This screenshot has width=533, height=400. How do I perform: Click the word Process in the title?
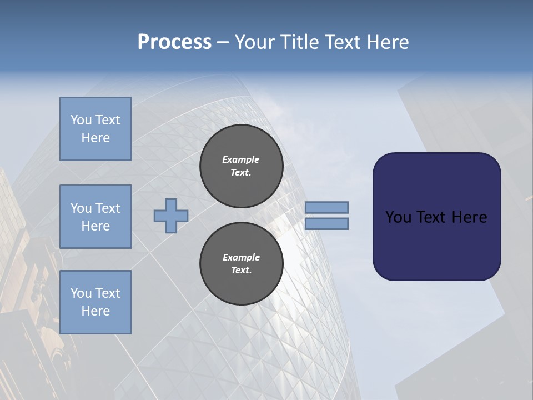(x=174, y=42)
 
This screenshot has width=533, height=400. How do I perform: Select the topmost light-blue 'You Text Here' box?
(x=95, y=129)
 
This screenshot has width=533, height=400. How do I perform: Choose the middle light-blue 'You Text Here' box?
(x=95, y=217)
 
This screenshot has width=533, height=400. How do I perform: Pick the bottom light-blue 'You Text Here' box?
(x=95, y=302)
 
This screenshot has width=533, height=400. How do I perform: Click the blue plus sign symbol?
(x=171, y=216)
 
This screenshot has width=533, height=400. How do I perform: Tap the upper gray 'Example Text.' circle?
(x=241, y=166)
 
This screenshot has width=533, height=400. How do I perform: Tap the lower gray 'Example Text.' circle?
(x=241, y=264)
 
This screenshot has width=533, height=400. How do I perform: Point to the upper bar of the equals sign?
(x=327, y=207)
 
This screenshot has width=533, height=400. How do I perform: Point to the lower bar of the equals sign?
(x=327, y=223)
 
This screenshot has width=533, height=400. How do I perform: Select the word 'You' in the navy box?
(x=398, y=217)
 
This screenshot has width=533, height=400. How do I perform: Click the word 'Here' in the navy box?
(x=469, y=217)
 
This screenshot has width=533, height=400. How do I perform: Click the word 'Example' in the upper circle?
(x=241, y=159)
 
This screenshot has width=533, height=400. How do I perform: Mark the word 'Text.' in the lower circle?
(x=241, y=271)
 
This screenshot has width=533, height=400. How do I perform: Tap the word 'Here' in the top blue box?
(x=95, y=138)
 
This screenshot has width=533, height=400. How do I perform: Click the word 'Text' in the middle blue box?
(x=108, y=208)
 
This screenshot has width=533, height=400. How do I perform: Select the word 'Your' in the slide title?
(x=255, y=42)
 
